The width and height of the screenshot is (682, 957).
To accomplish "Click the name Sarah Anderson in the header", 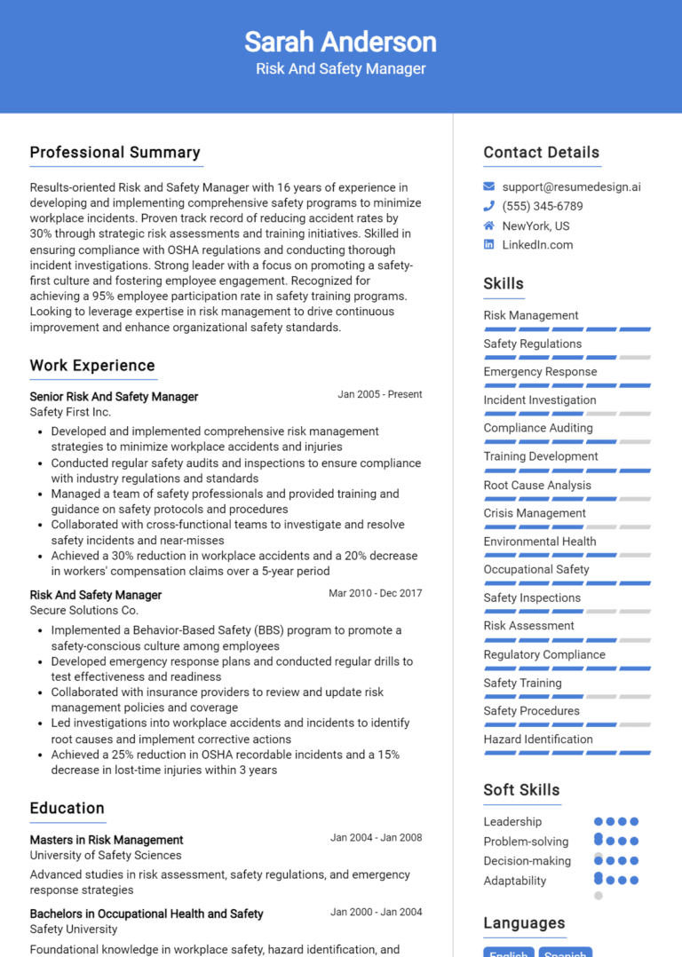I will [x=340, y=42].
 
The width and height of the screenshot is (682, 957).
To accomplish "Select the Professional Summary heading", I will [x=115, y=153].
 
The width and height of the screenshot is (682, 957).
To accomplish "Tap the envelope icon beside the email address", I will [x=489, y=187].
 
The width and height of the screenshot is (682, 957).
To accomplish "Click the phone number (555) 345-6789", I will [x=543, y=207].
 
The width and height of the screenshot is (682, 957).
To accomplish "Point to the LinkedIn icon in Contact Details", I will [x=489, y=245].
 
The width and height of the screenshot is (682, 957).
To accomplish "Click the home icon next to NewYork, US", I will [x=489, y=225].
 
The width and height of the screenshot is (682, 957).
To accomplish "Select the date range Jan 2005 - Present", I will [x=379, y=395].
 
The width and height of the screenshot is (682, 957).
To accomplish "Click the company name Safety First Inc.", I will [x=70, y=413].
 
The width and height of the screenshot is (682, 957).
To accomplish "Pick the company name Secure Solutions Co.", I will [x=84, y=611].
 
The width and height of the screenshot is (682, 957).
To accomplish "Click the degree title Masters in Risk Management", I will [x=107, y=840].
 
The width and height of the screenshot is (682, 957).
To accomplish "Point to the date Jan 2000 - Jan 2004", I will [x=376, y=912].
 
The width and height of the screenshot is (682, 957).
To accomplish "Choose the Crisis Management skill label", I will [x=535, y=513].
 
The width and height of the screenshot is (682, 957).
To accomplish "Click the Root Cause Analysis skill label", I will [x=537, y=486].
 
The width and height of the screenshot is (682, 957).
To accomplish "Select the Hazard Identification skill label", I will [x=538, y=739].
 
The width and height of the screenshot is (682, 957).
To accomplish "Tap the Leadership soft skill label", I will [x=512, y=822].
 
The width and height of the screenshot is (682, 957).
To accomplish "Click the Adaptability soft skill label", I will [x=515, y=882].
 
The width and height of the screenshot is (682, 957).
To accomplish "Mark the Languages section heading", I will [x=524, y=923].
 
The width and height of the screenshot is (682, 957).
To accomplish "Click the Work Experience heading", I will [x=92, y=366].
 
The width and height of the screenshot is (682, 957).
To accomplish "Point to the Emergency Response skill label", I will [x=540, y=372].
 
